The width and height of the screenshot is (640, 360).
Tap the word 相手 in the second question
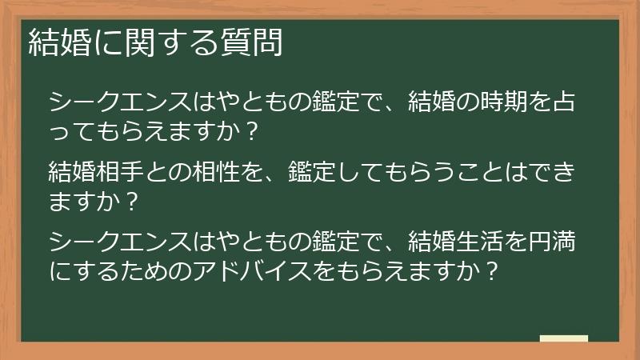pos(124,171)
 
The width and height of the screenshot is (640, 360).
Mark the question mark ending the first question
pos(253,133)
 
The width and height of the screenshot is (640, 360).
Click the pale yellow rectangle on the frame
pos(564,339)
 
